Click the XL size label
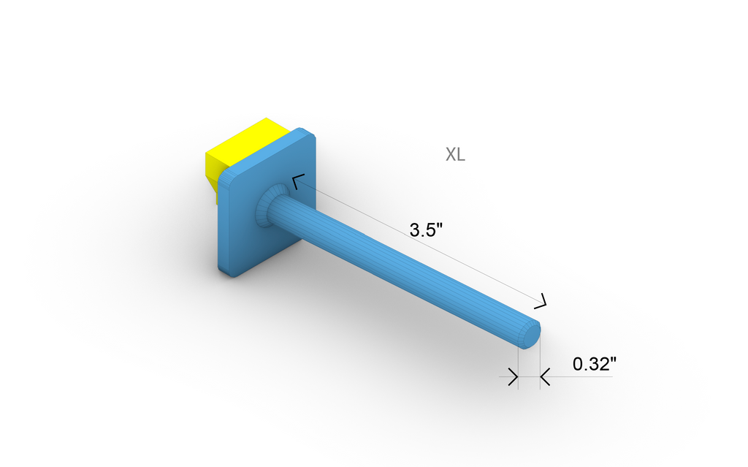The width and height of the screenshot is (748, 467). tap(455, 155)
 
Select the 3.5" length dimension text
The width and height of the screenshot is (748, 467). tap(427, 229)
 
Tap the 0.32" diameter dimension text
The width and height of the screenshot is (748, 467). tap(595, 364)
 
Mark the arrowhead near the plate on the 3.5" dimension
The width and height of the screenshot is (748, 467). tap(297, 181)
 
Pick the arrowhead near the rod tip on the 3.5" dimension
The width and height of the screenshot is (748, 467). tap(542, 300)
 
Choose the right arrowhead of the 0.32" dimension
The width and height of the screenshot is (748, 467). tap(545, 377)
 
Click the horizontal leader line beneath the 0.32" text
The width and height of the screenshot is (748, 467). tap(584, 377)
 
